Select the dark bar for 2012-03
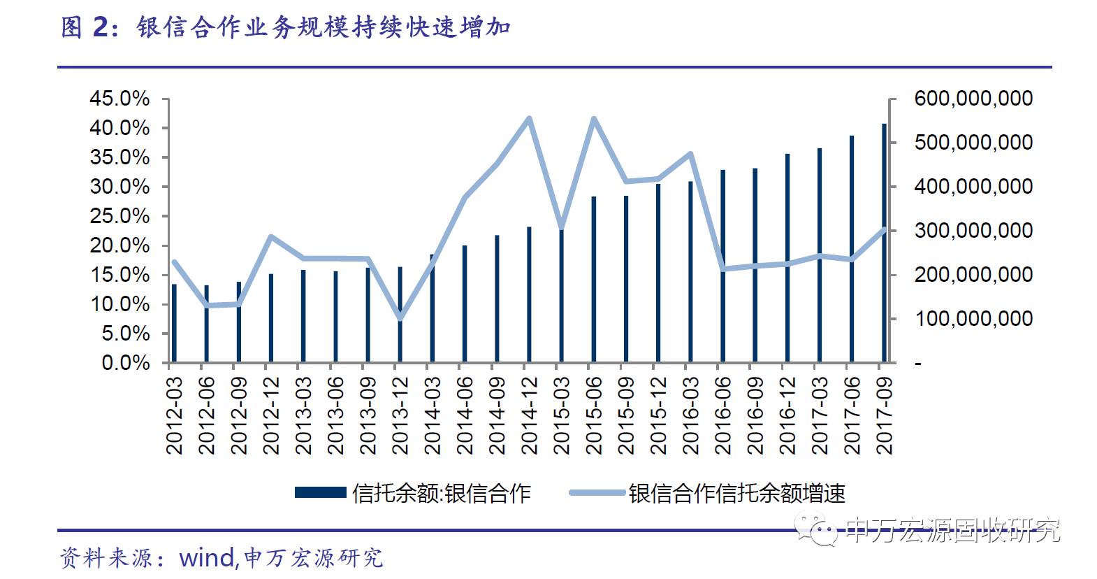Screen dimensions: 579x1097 tap(174, 323)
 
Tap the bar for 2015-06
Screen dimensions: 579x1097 tap(594, 280)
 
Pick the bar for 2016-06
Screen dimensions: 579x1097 tap(723, 266)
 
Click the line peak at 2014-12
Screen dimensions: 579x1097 tap(529, 118)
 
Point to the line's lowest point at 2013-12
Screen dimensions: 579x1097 tap(400, 319)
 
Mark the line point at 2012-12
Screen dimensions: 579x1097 tap(271, 236)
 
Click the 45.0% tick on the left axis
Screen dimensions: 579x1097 tap(119, 99)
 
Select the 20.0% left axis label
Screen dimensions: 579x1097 tap(119, 245)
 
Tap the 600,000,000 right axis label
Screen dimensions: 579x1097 tap(973, 99)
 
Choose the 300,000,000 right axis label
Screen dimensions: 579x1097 tap(973, 231)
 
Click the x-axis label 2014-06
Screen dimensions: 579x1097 tap(465, 415)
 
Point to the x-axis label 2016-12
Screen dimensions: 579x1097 tap(787, 415)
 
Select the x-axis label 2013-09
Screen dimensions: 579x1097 tap(368, 415)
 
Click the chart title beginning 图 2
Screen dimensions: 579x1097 tap(286, 28)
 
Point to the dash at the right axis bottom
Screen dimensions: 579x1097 tap(918, 364)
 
